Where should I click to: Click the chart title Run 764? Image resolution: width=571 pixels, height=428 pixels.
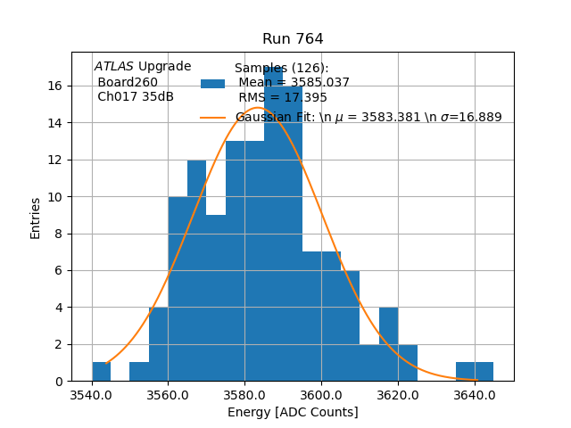click(x=293, y=39)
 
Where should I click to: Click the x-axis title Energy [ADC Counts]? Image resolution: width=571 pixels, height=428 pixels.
click(x=293, y=412)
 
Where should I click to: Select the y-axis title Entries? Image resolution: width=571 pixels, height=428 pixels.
click(x=36, y=218)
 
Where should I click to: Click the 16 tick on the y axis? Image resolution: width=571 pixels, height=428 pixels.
click(x=55, y=86)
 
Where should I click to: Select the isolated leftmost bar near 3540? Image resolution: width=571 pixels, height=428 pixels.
click(x=102, y=371)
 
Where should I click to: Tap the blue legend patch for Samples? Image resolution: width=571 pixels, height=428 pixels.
click(x=212, y=84)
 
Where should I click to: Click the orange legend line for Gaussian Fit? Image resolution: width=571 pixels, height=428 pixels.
click(x=212, y=117)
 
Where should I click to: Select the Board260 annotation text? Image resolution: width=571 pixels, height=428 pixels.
click(x=128, y=82)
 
